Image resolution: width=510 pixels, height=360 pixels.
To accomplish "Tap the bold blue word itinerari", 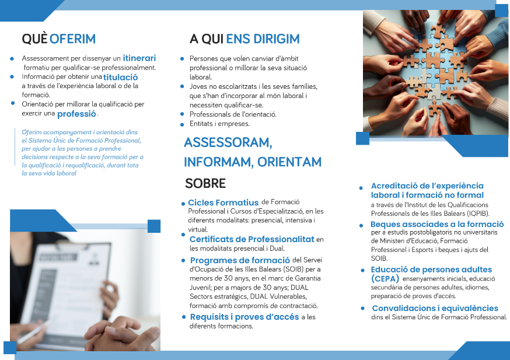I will (x=139, y=58).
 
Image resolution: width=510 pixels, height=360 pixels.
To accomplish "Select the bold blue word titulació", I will (x=121, y=77).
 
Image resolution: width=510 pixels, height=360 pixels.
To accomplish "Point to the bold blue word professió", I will (x=76, y=114).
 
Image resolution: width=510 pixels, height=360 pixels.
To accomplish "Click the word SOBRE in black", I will (x=205, y=183).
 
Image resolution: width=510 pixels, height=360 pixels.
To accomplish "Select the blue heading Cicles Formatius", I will (x=223, y=202).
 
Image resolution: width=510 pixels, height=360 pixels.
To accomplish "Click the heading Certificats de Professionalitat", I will (x=251, y=239).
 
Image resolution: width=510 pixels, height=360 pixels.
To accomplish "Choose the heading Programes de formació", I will (x=240, y=260).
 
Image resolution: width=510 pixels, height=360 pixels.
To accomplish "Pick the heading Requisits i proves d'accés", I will (x=244, y=317).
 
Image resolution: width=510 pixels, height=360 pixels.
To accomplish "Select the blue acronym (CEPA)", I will (x=385, y=279).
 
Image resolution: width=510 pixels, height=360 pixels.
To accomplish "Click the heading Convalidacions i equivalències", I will (x=435, y=308).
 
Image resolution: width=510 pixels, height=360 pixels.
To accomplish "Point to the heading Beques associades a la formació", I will (x=437, y=224).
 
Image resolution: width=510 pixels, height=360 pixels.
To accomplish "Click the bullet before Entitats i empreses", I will (x=183, y=124).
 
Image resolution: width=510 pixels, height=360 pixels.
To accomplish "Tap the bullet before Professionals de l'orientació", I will (x=183, y=114).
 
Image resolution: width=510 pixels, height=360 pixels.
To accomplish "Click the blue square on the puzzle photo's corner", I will (x=362, y=138).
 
